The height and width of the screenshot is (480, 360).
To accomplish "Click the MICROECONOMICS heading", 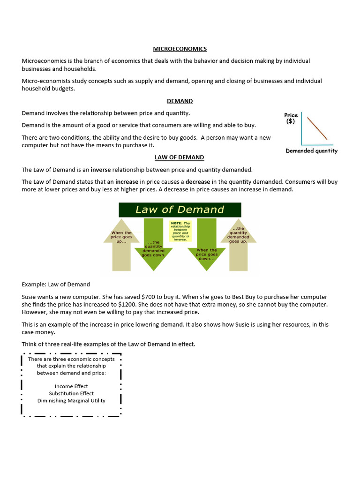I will point(180,49).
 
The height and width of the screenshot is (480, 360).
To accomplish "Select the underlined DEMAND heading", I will point(180,101).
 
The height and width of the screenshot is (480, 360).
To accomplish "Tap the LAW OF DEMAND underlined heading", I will point(180,157).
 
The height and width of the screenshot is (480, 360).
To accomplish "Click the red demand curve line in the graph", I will point(317,128).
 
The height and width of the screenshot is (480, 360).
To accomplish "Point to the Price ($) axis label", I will point(291,118).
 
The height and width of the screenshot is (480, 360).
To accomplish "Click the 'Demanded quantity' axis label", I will point(311,151).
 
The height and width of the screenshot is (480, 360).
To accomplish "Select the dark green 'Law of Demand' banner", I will point(180,210).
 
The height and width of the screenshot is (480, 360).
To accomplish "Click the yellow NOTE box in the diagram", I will point(180,231).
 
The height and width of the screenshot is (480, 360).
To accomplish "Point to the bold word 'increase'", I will point(127,182).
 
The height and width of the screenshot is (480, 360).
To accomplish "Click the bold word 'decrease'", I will point(198,182).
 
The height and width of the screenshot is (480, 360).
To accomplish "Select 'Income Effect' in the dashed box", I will point(71,386).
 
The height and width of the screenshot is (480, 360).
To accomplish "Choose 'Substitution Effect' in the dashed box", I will point(71,393).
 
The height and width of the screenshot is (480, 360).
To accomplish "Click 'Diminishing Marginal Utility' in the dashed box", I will point(71,400).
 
